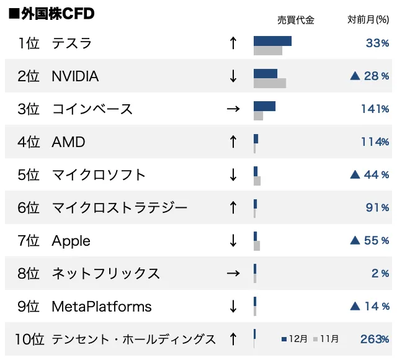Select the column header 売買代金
295,20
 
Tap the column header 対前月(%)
368,20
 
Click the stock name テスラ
71,43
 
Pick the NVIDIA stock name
75,76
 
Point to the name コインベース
92,109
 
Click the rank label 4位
29,142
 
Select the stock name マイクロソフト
99,175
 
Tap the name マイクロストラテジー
119,207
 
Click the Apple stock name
71,241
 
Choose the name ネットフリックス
105,274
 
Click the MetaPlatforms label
101,307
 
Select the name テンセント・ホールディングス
133,340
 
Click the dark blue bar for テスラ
272,41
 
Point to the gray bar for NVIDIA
270,83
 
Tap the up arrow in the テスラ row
233,43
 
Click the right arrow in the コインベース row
233,109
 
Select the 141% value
375,109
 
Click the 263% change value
374,340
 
